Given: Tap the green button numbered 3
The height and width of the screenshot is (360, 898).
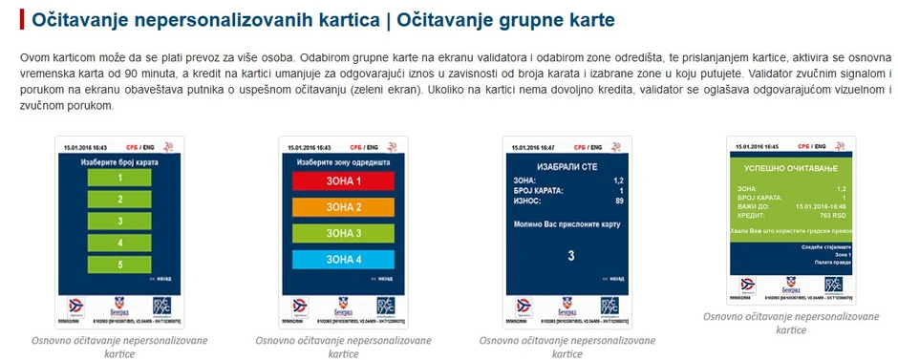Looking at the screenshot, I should [x=120, y=221].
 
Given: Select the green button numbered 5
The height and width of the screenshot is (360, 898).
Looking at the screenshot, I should [x=120, y=263].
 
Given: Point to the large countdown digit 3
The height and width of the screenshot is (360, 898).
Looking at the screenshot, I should [x=571, y=256].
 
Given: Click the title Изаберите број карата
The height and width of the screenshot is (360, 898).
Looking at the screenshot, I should [x=119, y=162].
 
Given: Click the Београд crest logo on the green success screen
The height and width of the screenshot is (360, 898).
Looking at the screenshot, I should [x=789, y=285].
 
